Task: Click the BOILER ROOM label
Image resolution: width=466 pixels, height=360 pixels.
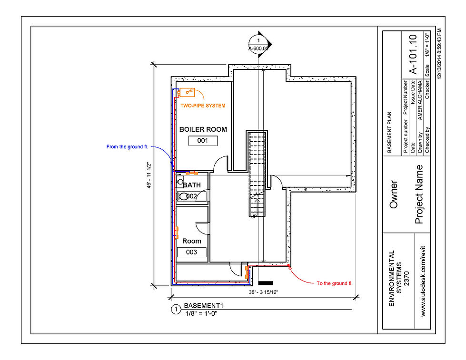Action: pos(203,129)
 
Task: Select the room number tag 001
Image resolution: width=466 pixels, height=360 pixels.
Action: pos(203,141)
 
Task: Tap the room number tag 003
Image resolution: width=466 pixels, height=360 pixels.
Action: pos(191,253)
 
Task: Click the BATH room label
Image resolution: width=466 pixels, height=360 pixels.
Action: pos(192,185)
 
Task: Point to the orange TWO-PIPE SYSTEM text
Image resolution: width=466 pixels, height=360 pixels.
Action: pos(203,105)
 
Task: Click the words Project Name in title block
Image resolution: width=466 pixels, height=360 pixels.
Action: pos(419,194)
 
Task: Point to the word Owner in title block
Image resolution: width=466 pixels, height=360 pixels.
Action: pos(394,194)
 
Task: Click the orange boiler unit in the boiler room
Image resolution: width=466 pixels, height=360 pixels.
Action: pos(186,92)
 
